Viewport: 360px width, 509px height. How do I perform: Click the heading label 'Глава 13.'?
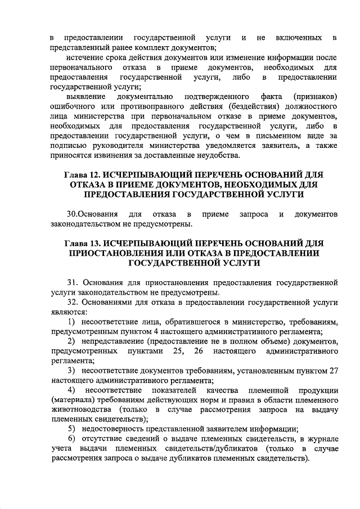pos(83,243)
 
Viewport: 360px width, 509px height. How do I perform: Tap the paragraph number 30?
pos(71,214)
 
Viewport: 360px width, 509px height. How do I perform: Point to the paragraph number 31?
pos(71,282)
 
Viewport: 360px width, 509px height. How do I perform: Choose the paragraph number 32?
pos(71,301)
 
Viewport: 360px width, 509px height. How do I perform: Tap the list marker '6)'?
pos(71,439)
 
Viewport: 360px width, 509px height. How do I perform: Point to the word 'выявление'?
pos(86,97)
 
